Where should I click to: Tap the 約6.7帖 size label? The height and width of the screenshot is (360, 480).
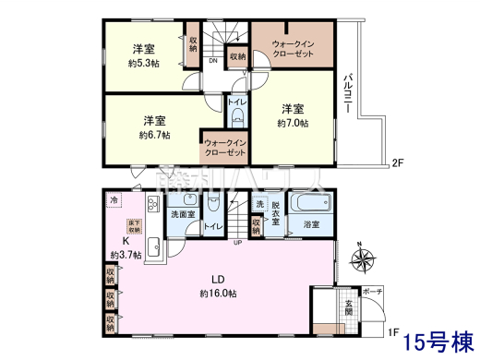click(153, 135)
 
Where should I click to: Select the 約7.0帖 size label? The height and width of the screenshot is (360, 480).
click(294, 122)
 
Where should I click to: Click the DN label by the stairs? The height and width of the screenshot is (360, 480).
click(212, 61)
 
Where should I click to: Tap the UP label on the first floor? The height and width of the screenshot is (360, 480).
click(238, 244)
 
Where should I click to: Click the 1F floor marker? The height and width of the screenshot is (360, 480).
click(393, 329)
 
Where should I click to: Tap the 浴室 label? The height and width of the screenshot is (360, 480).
click(311, 224)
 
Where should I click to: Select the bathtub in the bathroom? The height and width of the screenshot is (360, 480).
click(309, 205)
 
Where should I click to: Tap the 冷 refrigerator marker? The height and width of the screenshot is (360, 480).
click(114, 200)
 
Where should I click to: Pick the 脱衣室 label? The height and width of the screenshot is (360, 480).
click(276, 210)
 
